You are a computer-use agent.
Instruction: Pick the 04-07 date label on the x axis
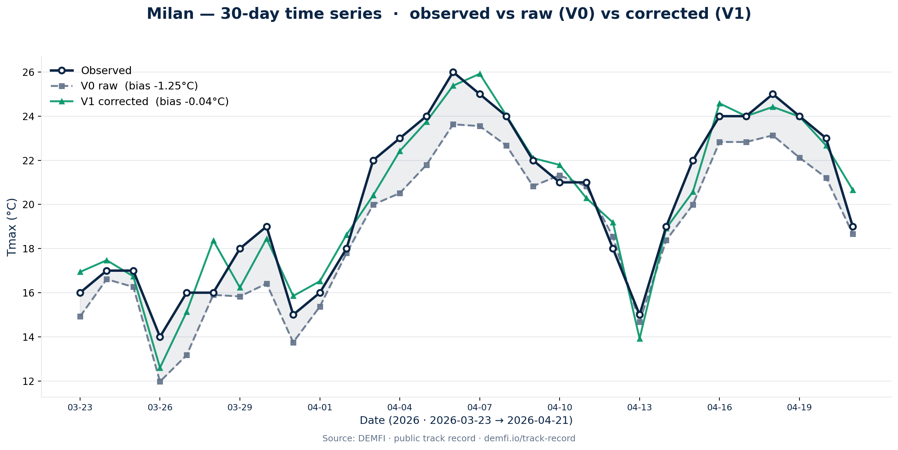[x=479, y=408]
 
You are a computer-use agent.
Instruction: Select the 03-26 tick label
[x=160, y=408]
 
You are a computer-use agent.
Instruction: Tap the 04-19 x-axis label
[x=799, y=408]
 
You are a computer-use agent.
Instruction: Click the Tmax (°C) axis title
[x=12, y=227]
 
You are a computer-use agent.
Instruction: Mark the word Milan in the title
[x=170, y=14]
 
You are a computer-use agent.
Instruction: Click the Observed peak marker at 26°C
[x=453, y=72]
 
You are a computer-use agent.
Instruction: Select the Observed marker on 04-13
[x=639, y=315]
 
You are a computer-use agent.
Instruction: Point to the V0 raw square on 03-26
[x=160, y=382]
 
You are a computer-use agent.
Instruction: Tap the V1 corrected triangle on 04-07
[x=480, y=74]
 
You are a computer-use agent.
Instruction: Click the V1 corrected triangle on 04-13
[x=640, y=339]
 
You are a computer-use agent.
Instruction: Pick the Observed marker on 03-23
[x=80, y=293]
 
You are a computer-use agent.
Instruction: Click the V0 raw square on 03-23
[x=80, y=316]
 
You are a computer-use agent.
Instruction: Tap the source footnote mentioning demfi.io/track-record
[x=448, y=439]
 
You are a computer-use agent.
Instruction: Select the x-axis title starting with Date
[x=466, y=421]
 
